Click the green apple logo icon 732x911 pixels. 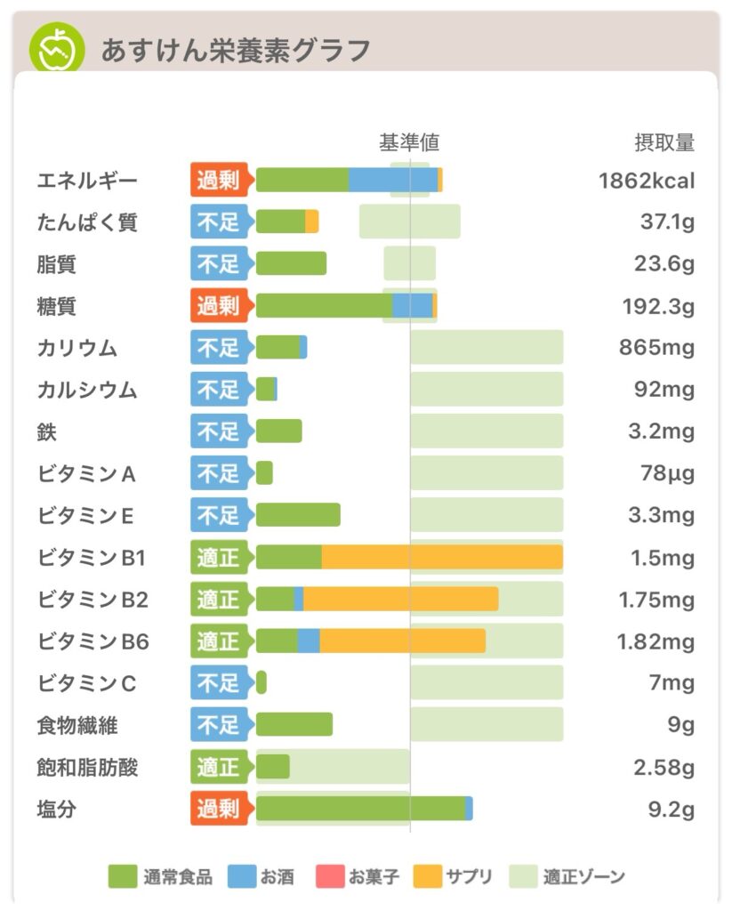click(57, 48)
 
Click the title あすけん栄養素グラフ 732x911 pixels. click(236, 50)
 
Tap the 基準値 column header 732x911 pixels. click(409, 142)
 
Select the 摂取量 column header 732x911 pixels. click(664, 142)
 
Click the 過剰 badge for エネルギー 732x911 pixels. click(219, 181)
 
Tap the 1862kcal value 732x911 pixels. click(647, 181)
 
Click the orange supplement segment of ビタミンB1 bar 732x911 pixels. click(442, 558)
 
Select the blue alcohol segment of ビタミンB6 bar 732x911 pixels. click(309, 641)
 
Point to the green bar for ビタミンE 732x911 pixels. click(298, 515)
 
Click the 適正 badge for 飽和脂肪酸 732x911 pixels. click(219, 767)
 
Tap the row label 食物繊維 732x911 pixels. click(77, 725)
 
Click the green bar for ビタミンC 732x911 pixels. click(261, 682)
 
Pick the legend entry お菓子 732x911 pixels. click(358, 876)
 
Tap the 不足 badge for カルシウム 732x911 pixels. click(219, 390)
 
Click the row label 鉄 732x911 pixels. click(47, 432)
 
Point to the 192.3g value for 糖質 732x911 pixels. click(658, 307)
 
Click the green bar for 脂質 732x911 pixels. click(291, 264)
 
